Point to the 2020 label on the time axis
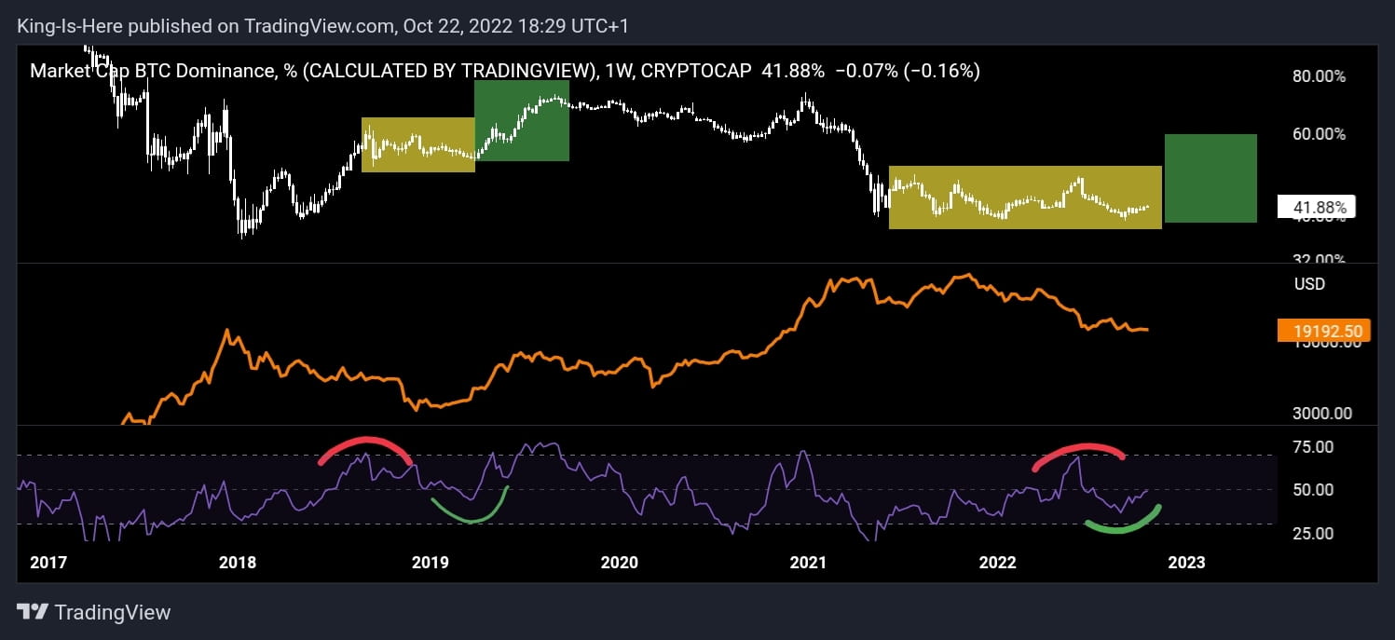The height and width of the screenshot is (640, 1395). pos(620,563)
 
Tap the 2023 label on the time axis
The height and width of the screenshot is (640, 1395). pos(1186,563)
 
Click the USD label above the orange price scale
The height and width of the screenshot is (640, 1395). pos(1308,283)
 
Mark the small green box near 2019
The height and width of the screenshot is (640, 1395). pos(522,120)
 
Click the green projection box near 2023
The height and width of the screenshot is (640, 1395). pos(1210,178)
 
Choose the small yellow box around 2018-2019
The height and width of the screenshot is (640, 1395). pos(417,144)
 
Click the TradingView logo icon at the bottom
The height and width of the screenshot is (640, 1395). pos(33,612)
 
